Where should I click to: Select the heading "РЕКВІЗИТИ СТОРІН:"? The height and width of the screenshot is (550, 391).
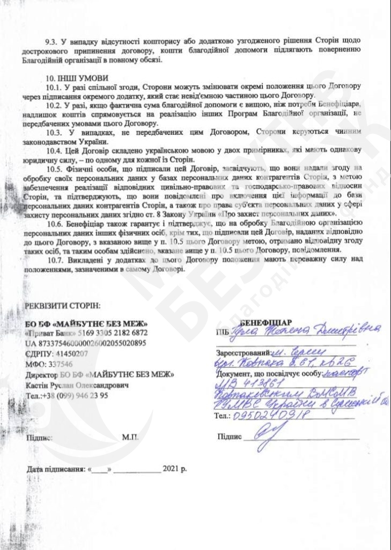click(62, 306)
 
